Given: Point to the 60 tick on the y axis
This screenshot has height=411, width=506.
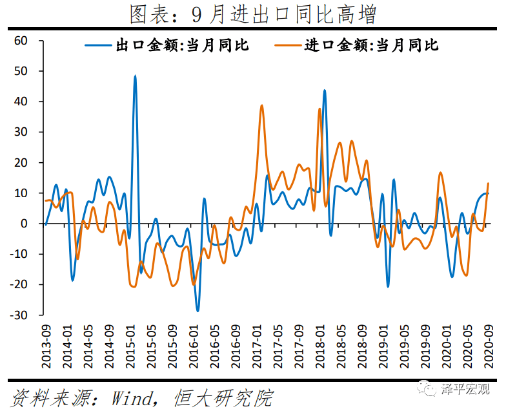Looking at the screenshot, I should pyautogui.click(x=21, y=41).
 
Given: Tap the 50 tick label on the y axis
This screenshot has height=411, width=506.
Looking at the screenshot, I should pyautogui.click(x=21, y=71).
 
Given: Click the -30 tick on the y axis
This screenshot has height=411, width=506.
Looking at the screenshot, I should pyautogui.click(x=19, y=315).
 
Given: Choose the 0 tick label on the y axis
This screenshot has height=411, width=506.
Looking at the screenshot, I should pyautogui.click(x=25, y=224).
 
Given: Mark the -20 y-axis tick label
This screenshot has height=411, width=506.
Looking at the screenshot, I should pyautogui.click(x=19, y=285).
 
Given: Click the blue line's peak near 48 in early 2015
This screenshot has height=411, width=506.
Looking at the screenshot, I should pyautogui.click(x=135, y=76).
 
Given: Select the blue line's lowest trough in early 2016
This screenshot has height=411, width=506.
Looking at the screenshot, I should pyautogui.click(x=197, y=311).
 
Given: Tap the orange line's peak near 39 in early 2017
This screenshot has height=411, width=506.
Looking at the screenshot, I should pyautogui.click(x=261, y=105).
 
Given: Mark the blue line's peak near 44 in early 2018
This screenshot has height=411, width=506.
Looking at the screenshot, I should pyautogui.click(x=324, y=90).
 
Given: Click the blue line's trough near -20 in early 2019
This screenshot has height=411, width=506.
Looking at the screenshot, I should pyautogui.click(x=388, y=286).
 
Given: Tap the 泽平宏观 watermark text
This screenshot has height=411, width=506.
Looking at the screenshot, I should pyautogui.click(x=465, y=388).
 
